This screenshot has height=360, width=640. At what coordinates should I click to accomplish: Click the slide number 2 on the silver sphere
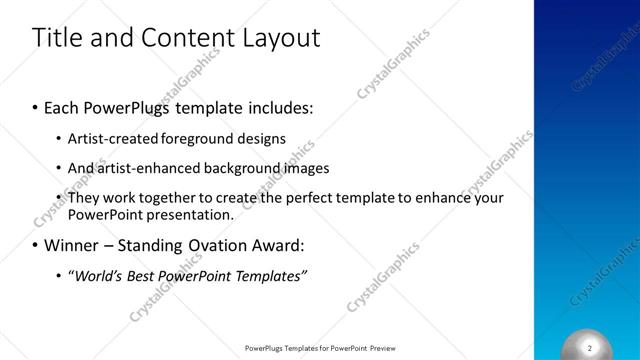pos(590,347)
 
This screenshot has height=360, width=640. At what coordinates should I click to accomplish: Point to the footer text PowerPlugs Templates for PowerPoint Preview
pos(321,348)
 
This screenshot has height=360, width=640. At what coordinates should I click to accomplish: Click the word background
pos(245,168)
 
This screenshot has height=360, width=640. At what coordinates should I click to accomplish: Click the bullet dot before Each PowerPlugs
pos(35,106)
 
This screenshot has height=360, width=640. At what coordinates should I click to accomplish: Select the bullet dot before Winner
pos(35,245)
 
